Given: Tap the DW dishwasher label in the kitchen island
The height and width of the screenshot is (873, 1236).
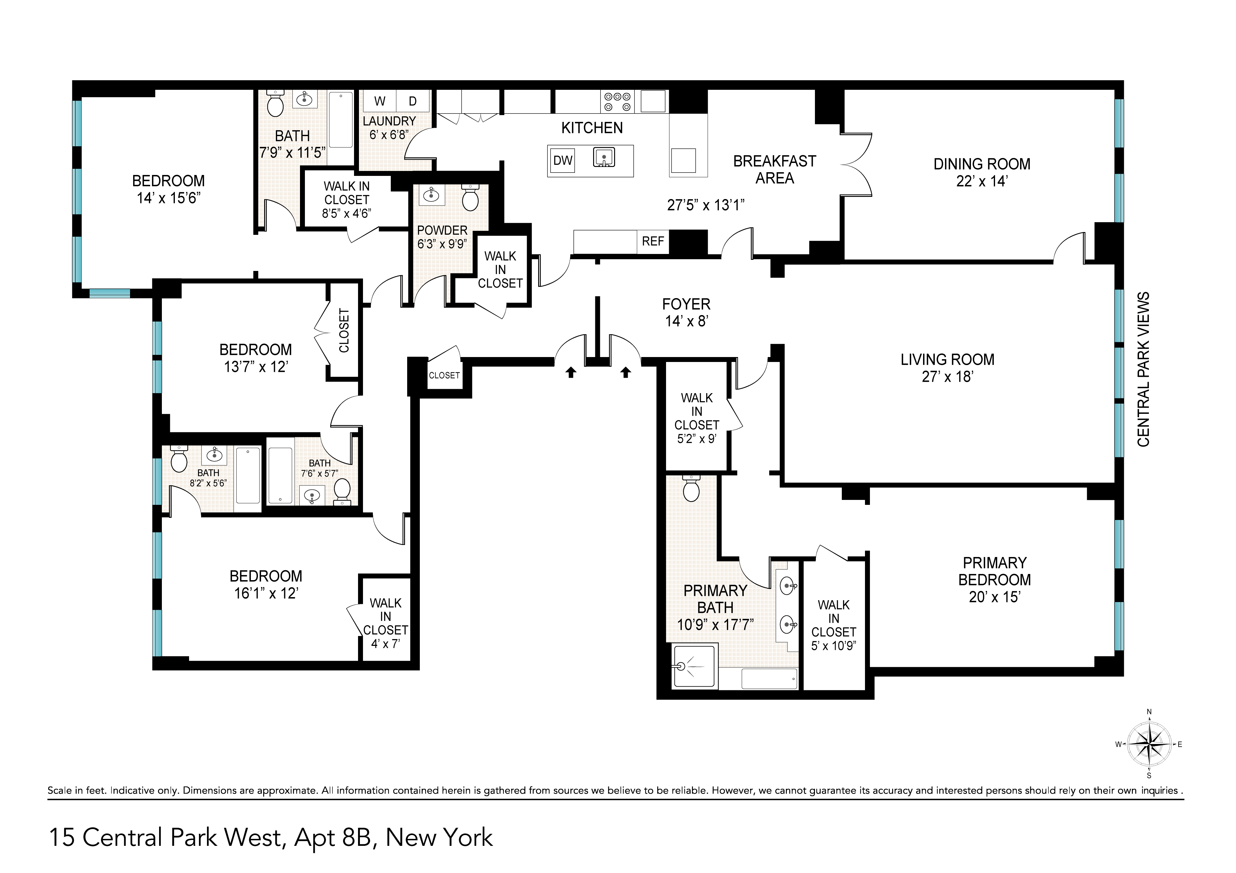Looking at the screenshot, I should [563, 160].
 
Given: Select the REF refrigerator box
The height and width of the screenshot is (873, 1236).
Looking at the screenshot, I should [652, 242].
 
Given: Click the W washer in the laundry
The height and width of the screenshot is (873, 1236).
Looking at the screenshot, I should [380, 101].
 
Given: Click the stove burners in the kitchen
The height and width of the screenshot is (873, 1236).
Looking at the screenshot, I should [618, 101].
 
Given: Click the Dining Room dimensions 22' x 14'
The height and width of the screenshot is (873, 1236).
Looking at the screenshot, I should [981, 181].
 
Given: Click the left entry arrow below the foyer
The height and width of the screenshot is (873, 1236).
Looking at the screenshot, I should [571, 372].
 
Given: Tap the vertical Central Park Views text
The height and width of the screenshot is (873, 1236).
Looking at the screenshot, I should [1143, 369].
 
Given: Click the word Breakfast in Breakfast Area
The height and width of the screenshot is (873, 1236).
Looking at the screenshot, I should [774, 161].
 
